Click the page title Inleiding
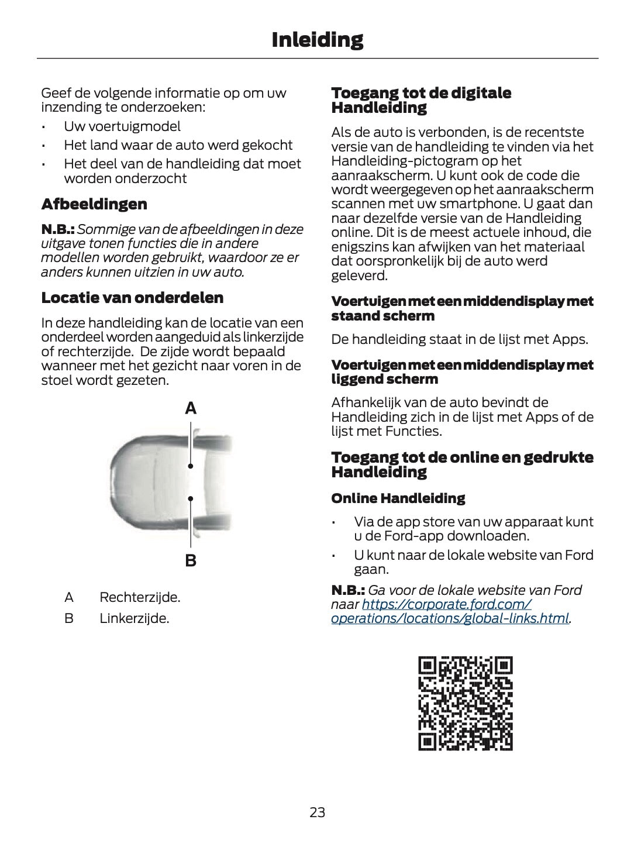click(x=317, y=40)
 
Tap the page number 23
click(x=317, y=812)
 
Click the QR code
click(x=466, y=704)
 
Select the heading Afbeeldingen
click(x=94, y=204)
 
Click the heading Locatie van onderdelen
click(x=132, y=298)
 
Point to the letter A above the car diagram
click(x=191, y=409)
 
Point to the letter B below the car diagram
click(x=191, y=561)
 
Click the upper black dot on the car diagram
click(x=191, y=466)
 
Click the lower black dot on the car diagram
click(x=191, y=499)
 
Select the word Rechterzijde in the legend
click(x=140, y=597)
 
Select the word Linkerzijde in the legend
click(x=134, y=618)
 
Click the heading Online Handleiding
click(x=398, y=498)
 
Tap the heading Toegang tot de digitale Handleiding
click(x=421, y=100)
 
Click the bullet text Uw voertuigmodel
click(x=122, y=126)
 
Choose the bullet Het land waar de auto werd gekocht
click(x=178, y=145)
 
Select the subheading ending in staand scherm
click(x=462, y=308)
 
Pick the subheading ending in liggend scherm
click(x=462, y=372)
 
